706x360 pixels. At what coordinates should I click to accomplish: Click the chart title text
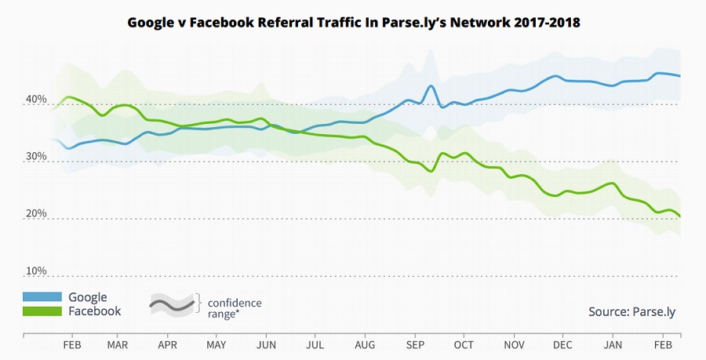(354, 23)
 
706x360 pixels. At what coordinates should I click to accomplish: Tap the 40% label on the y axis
(37, 100)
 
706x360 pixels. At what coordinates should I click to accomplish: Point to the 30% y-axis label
(37, 157)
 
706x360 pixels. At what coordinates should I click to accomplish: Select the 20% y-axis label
(37, 214)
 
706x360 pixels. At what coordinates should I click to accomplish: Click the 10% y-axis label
(37, 271)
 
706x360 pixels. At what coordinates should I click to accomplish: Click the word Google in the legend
(88, 297)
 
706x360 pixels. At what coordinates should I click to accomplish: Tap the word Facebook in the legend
(95, 311)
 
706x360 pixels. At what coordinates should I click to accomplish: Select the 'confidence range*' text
(234, 308)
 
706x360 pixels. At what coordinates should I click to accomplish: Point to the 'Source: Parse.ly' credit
(631, 311)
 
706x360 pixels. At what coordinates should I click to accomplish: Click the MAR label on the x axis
(118, 344)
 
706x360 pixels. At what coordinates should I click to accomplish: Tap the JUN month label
(266, 344)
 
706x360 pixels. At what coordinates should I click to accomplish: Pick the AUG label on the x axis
(364, 344)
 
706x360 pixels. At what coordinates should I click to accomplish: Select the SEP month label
(414, 344)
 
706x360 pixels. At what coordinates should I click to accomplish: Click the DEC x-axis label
(562, 344)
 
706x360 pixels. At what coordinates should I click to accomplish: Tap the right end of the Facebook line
(679, 216)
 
